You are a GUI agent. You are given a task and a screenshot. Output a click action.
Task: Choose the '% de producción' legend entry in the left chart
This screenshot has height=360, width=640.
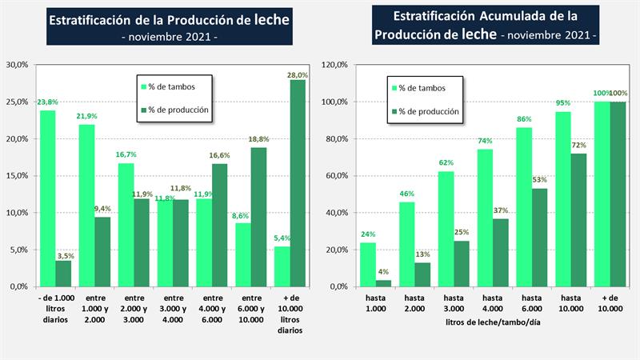[x=178, y=111]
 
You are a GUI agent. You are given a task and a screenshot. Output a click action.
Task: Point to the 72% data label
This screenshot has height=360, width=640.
[x=579, y=146]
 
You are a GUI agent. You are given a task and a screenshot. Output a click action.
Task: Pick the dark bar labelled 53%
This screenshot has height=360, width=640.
[x=540, y=237]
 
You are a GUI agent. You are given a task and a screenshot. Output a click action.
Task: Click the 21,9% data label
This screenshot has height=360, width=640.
[x=86, y=117]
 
